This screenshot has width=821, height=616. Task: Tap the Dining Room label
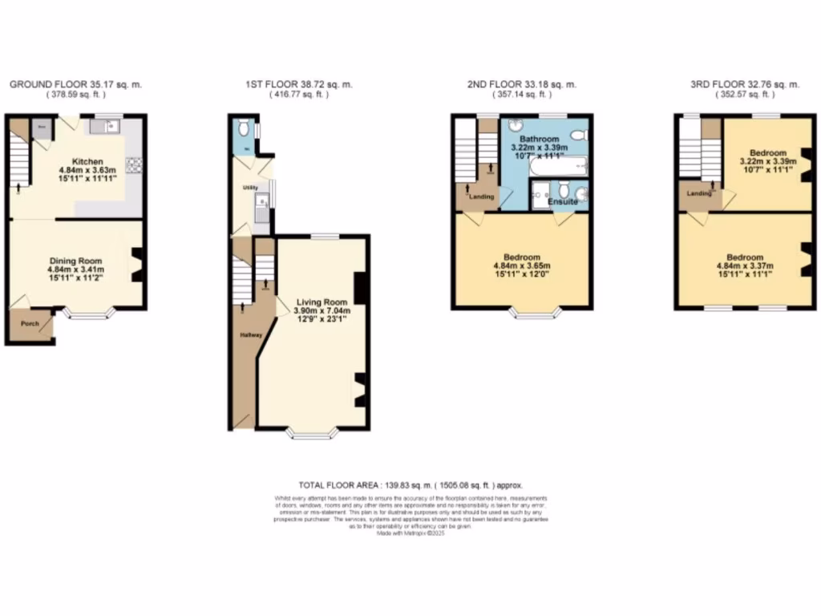tap(76, 261)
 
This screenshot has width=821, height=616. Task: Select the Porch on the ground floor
tap(30, 324)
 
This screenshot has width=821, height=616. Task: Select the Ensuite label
tap(562, 201)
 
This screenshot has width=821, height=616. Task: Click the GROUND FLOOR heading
tap(75, 84)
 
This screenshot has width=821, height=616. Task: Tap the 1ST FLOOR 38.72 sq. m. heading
tap(299, 84)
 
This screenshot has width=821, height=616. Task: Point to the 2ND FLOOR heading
tap(522, 84)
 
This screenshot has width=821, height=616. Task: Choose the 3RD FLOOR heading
tap(745, 84)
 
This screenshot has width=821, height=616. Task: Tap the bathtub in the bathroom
tap(558, 168)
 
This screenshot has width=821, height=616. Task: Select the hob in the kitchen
tap(132, 164)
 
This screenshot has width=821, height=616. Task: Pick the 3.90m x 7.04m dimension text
tap(313, 312)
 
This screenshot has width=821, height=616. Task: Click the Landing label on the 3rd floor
tap(698, 193)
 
